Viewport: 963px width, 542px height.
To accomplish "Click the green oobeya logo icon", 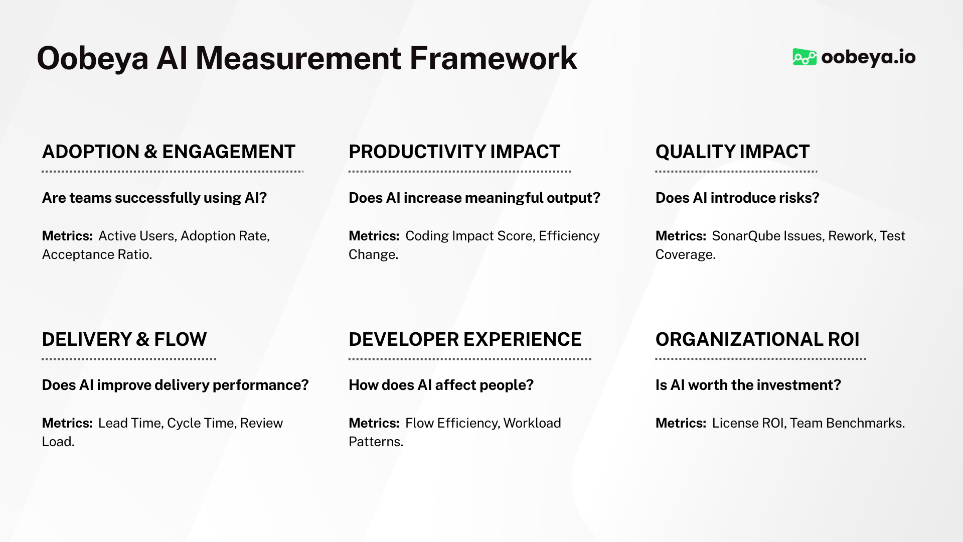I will coord(804,57).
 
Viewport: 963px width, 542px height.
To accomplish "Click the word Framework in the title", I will coord(493,59).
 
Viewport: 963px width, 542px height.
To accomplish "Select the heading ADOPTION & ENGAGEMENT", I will coord(169,152).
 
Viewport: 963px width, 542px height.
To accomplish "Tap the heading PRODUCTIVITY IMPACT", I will coord(454,152).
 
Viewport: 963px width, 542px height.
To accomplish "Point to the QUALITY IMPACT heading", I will coord(732,152).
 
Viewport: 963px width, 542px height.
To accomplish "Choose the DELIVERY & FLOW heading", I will coord(124,339).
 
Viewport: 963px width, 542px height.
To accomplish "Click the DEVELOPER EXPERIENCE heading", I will coord(465,339).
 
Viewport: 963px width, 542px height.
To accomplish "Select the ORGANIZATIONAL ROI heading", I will coord(757,339).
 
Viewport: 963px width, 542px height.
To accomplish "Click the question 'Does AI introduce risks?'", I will coord(737,198).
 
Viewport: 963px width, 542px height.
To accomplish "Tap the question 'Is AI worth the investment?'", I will coord(748,385).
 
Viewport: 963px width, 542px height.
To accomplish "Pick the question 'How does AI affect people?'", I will coord(441,385).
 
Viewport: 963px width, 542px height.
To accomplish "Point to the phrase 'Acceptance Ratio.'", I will coord(97,254).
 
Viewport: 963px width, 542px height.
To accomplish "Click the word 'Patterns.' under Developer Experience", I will coord(376,442).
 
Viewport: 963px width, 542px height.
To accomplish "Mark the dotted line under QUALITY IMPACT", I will coord(736,172).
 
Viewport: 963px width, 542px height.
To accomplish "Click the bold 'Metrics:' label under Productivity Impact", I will coord(374,236).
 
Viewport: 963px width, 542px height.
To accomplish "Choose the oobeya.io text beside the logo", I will coord(868,57).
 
